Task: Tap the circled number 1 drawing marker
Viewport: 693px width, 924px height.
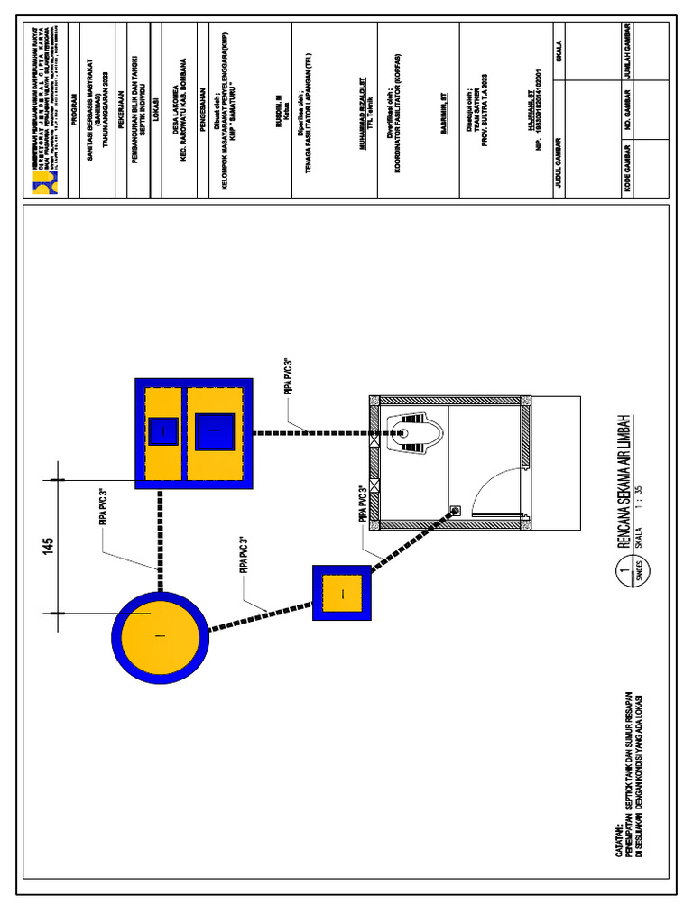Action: (622, 571)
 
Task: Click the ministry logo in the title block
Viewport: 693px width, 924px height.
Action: (44, 184)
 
